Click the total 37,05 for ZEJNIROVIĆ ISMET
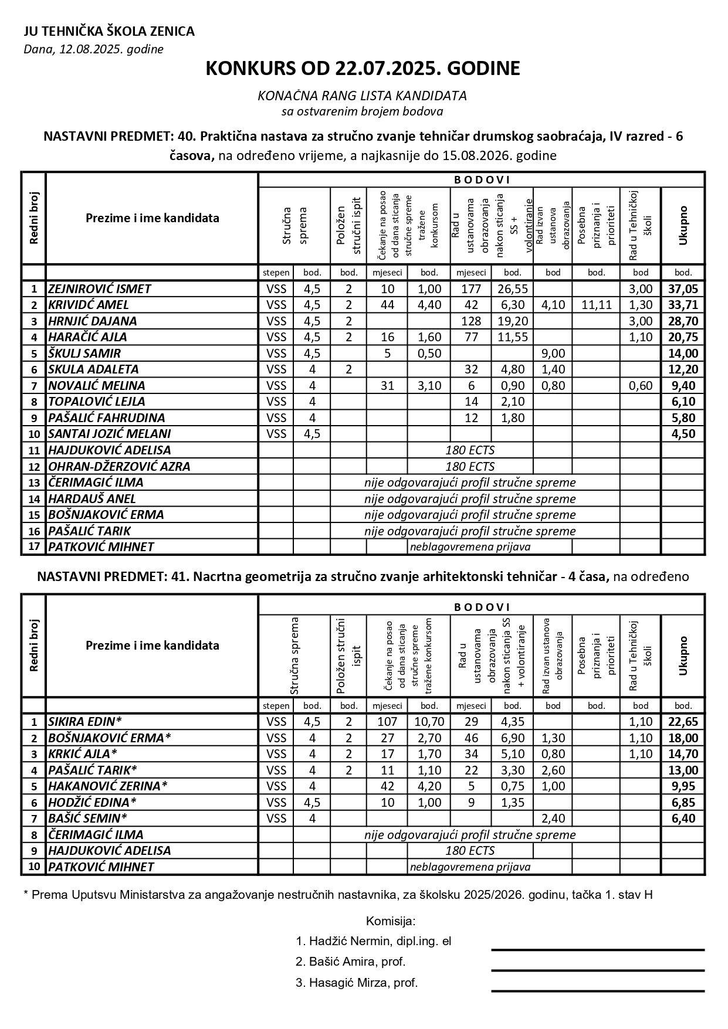[x=683, y=289]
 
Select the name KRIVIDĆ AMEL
[x=89, y=305]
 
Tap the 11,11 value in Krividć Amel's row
[x=596, y=305]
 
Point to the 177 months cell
[x=471, y=289]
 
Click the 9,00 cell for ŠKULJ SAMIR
[x=553, y=354]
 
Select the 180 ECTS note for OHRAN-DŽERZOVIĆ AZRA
[x=470, y=467]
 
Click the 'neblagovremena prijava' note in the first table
[x=470, y=547]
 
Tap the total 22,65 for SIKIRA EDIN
[x=683, y=722]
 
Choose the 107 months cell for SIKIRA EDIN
[x=387, y=722]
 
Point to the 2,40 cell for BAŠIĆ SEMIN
[x=553, y=819]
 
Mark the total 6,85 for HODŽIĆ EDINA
[x=683, y=802]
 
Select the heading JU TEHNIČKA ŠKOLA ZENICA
[x=109, y=32]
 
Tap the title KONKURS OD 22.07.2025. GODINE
[x=363, y=69]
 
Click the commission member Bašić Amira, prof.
[x=350, y=962]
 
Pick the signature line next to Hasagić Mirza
[x=597, y=991]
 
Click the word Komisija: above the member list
[x=391, y=921]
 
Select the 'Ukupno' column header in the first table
[x=683, y=226]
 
